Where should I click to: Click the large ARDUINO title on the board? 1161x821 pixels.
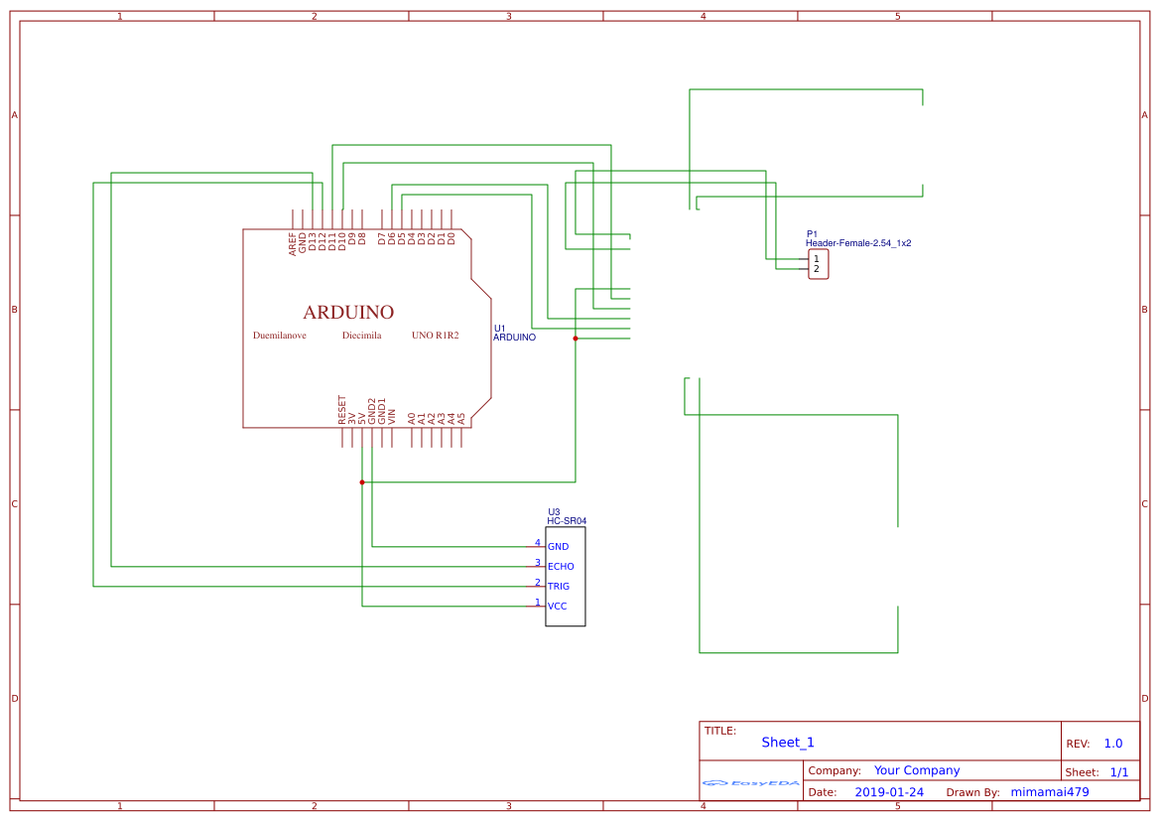[x=348, y=312]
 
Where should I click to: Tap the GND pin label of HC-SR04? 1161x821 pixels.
[x=558, y=547]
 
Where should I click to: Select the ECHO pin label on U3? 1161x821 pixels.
[x=561, y=567]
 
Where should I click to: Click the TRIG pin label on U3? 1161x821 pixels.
[x=559, y=587]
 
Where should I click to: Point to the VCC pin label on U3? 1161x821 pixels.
[x=558, y=607]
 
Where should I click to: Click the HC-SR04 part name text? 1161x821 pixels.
[x=567, y=520]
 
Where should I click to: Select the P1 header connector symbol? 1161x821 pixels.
[x=818, y=264]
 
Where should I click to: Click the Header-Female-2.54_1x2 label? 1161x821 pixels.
[x=858, y=243]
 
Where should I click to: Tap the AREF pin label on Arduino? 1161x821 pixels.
[x=293, y=244]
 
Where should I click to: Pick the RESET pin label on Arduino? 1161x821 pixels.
[x=342, y=410]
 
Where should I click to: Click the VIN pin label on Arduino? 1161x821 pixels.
[x=392, y=416]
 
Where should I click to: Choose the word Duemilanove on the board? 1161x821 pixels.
[x=280, y=336]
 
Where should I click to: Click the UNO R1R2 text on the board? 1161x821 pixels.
[x=436, y=336]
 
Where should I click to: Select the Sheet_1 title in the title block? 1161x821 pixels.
[x=788, y=743]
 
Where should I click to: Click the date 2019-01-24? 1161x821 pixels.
[x=889, y=792]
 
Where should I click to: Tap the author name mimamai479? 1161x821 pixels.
[x=1050, y=792]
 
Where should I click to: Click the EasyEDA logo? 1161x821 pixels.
[x=751, y=783]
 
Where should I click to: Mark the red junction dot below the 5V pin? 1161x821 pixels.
[x=362, y=482]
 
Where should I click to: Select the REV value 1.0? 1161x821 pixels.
[x=1113, y=744]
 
